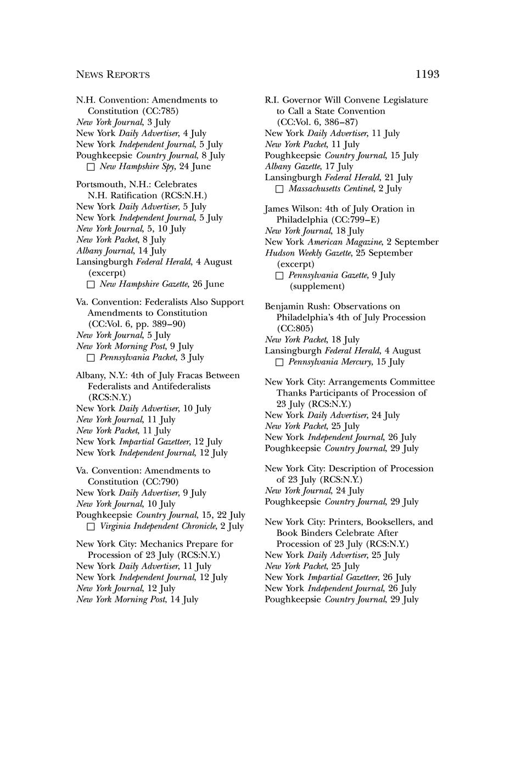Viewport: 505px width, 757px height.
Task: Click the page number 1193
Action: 427,75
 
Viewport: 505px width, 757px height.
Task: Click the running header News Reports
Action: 113,75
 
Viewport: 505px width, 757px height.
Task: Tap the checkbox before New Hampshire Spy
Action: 91,167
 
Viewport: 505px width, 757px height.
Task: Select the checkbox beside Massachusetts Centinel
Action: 279,189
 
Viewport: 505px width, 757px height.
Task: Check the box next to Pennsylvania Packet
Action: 91,358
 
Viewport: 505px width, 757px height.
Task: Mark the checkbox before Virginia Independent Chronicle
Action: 91,527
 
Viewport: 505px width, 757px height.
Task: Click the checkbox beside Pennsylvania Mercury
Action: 279,362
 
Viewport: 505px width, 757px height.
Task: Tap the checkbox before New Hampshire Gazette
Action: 91,284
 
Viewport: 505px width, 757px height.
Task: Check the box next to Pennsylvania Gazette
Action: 279,275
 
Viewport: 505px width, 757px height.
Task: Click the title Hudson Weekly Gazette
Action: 311,253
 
